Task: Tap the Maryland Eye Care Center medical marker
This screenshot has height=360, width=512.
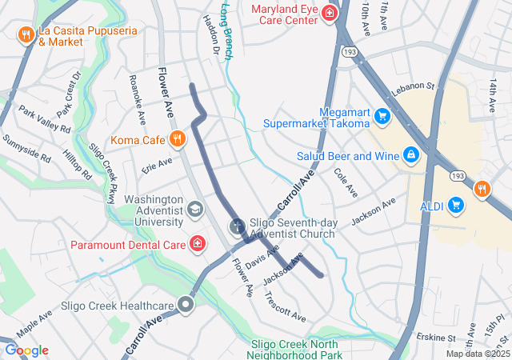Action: (328, 13)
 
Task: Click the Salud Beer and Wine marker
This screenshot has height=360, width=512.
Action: (410, 154)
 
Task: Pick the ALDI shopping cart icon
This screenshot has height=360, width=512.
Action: (456, 205)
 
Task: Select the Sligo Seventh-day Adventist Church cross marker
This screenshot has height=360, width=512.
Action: (238, 227)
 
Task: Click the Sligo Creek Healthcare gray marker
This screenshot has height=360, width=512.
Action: (186, 305)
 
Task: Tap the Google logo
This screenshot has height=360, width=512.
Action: (26, 350)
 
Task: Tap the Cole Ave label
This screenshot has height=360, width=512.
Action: (346, 184)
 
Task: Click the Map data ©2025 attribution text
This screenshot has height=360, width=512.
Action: (476, 354)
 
